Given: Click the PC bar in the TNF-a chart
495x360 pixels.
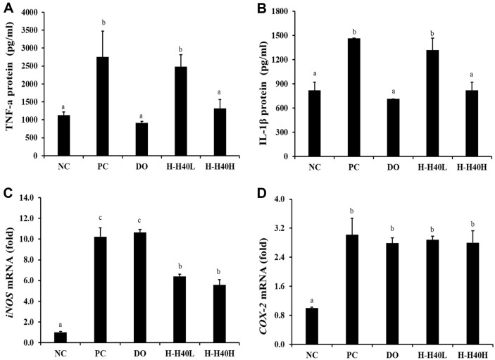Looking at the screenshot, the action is pos(103,106).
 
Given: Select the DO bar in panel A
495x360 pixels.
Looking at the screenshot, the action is pos(142,139).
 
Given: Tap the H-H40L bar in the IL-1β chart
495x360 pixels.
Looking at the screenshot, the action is pos(432,104).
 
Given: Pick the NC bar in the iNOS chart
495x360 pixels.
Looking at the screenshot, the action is pos(61,337).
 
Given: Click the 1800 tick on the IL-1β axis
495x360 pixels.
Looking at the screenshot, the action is pos(280,11).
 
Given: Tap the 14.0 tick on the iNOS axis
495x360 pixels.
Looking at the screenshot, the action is pos(30,198).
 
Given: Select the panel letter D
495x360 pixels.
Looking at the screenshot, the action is pos(262,194).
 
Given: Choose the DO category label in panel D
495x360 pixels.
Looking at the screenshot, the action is pos(391,355).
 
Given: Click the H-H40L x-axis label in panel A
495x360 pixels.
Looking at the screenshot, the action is pos(181,166).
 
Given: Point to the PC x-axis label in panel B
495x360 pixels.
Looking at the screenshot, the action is pos(354,167).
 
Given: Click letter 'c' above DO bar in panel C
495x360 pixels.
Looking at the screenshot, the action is pos(140,220).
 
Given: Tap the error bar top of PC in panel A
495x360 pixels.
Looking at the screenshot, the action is pos(103,31).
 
